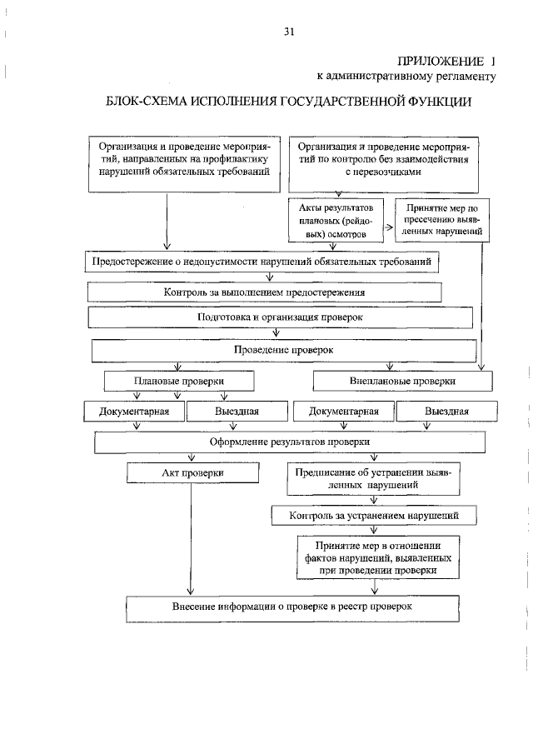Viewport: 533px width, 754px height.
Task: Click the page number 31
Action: point(289,32)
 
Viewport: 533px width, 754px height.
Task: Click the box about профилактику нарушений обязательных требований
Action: point(184,164)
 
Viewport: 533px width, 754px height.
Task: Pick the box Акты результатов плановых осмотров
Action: point(336,220)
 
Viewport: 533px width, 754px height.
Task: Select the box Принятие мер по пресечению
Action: point(441,220)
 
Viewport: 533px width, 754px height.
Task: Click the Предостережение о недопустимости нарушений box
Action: point(262,262)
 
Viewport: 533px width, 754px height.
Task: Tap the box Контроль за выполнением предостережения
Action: point(264,292)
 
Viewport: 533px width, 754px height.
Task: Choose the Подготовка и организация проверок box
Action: point(280,317)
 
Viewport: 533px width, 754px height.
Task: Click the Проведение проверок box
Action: point(284,351)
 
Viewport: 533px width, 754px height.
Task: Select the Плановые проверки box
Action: point(179,382)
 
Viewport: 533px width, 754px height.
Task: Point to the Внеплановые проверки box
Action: point(403,382)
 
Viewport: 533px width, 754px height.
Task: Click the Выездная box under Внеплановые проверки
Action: point(446,412)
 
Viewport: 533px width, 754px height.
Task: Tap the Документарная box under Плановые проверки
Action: point(134,412)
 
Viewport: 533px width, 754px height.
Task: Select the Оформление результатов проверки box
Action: point(290,442)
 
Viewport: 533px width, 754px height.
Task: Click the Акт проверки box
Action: point(192,473)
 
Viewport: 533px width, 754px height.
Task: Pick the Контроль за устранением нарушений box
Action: point(374,516)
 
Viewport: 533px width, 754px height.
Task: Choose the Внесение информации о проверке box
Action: point(292,607)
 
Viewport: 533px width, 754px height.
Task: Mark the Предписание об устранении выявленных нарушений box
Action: point(373,479)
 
